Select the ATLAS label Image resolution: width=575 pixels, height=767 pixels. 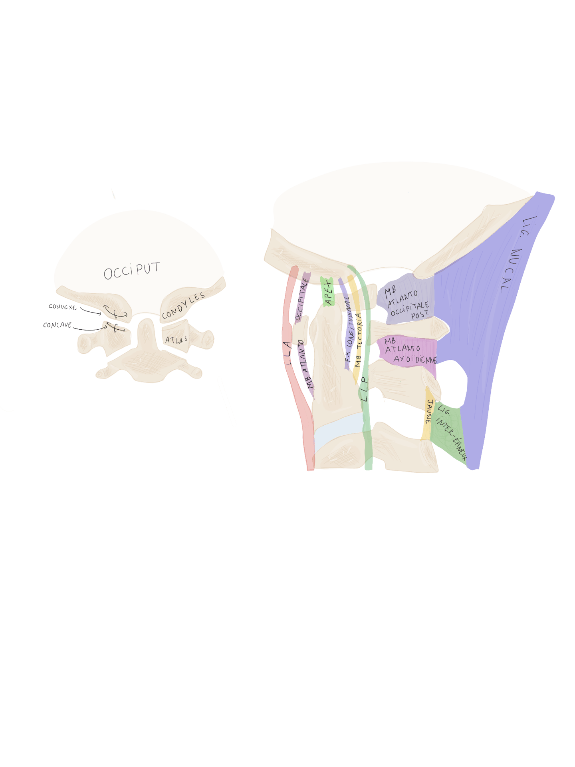[176, 340]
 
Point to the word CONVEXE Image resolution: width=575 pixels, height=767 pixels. [62, 307]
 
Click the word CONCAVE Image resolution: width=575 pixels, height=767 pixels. [57, 325]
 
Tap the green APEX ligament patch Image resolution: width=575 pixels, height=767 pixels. [328, 291]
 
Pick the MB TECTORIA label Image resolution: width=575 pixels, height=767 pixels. [359, 344]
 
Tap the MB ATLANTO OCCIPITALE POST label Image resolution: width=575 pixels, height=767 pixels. [406, 304]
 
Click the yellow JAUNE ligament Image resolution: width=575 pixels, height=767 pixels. [427, 416]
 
